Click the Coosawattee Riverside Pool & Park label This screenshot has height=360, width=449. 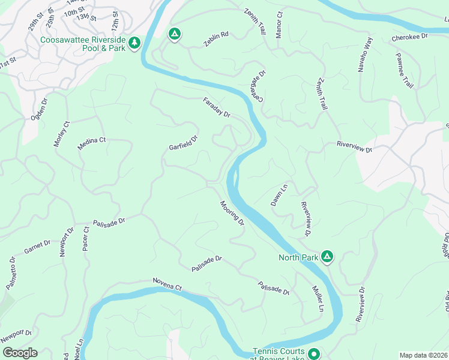tap(83, 44)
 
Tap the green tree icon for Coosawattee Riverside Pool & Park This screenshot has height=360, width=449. tap(136, 42)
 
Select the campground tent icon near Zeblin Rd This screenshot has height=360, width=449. tap(174, 35)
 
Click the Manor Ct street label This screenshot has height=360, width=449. tap(279, 25)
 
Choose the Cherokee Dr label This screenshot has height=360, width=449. tap(409, 37)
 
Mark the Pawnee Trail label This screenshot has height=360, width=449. tap(404, 70)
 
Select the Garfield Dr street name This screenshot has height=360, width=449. tap(183, 143)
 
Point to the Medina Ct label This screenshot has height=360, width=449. tap(91, 143)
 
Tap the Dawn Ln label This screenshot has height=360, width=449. tap(280, 194)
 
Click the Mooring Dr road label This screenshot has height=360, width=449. tap(232, 214)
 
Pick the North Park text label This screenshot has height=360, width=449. tap(298, 257)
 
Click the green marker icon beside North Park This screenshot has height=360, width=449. tap(327, 257)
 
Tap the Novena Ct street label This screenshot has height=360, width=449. tap(167, 284)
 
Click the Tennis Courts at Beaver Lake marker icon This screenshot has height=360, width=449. tap(313, 355)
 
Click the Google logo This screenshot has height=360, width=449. tap(19, 353)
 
